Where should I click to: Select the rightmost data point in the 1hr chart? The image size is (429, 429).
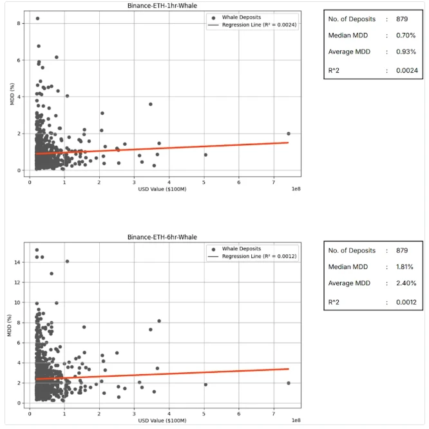click(x=289, y=134)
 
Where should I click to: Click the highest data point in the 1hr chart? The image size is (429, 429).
click(x=37, y=19)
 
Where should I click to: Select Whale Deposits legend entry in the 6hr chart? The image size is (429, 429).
click(x=242, y=248)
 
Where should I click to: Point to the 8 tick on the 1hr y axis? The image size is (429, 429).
click(x=20, y=23)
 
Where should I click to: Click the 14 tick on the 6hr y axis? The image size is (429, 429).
click(x=18, y=262)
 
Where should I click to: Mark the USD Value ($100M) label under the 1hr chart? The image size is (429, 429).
click(x=158, y=189)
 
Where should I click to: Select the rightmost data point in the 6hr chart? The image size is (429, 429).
click(x=289, y=383)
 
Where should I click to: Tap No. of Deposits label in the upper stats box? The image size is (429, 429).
click(x=352, y=19)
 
